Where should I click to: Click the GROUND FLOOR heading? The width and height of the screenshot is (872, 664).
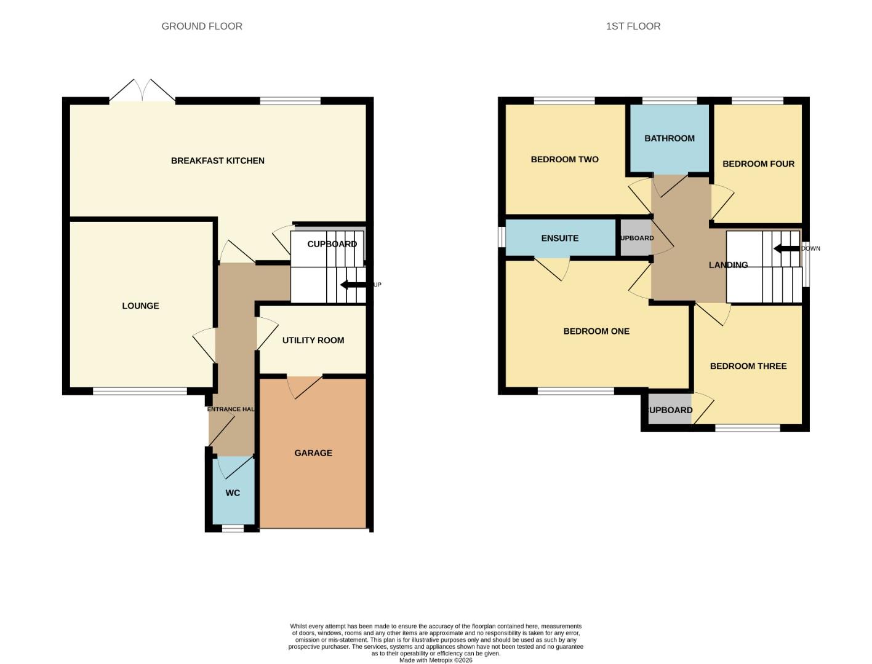click(202, 26)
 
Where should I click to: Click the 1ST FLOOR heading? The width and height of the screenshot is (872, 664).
click(633, 26)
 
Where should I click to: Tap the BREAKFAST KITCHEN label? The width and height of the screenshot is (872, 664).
click(218, 161)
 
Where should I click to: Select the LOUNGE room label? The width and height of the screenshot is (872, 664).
click(140, 306)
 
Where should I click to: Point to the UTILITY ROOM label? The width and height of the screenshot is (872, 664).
click(313, 341)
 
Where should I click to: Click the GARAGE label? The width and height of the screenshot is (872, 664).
click(313, 453)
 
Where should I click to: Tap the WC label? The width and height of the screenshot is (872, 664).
click(233, 493)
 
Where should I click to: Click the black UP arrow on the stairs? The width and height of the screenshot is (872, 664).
click(352, 285)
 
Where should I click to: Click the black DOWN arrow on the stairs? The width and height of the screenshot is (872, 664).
click(785, 249)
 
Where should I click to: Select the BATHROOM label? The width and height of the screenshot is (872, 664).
click(670, 138)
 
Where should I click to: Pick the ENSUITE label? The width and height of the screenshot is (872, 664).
click(559, 239)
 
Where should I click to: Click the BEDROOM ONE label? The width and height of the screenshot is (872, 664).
click(596, 331)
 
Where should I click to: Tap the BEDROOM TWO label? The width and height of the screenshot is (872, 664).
click(564, 160)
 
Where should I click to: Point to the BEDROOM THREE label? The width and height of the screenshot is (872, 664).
click(748, 366)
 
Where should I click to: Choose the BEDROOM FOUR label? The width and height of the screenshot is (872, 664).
click(758, 164)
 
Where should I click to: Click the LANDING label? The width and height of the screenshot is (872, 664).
click(728, 265)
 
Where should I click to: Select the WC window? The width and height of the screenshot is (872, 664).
click(233, 528)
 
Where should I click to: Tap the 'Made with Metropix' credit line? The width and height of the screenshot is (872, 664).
click(436, 660)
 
